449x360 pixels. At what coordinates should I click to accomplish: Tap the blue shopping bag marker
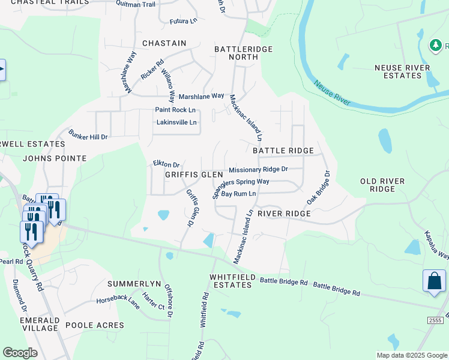(x=434, y=281)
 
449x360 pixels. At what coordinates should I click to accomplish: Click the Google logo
(x=20, y=353)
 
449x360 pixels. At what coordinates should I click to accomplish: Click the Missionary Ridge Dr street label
(x=258, y=170)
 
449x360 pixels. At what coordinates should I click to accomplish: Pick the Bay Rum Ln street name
(x=238, y=194)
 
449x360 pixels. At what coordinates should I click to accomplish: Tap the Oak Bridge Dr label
(x=318, y=187)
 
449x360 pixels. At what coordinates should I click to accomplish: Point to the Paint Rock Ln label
(x=175, y=110)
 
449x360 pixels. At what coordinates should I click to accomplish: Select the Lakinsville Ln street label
(x=176, y=122)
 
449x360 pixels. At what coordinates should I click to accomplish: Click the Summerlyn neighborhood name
(x=136, y=283)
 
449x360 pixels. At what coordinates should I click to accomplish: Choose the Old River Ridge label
(x=383, y=185)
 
